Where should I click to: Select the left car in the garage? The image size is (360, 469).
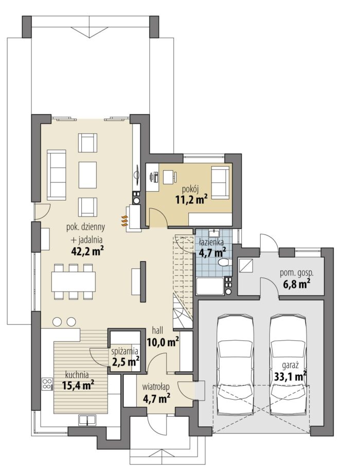[236, 365]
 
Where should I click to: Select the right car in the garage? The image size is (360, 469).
[289, 365]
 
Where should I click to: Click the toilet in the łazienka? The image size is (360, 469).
[224, 263]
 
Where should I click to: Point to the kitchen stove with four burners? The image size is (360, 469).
[47, 385]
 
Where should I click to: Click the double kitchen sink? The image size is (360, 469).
[87, 420]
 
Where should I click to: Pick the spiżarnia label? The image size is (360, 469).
[124, 350]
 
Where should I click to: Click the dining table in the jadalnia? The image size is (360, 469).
[74, 281]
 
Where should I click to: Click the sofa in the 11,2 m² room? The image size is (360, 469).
[221, 182]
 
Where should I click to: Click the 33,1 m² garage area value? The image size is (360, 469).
[291, 376]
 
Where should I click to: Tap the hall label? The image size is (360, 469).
[157, 331]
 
